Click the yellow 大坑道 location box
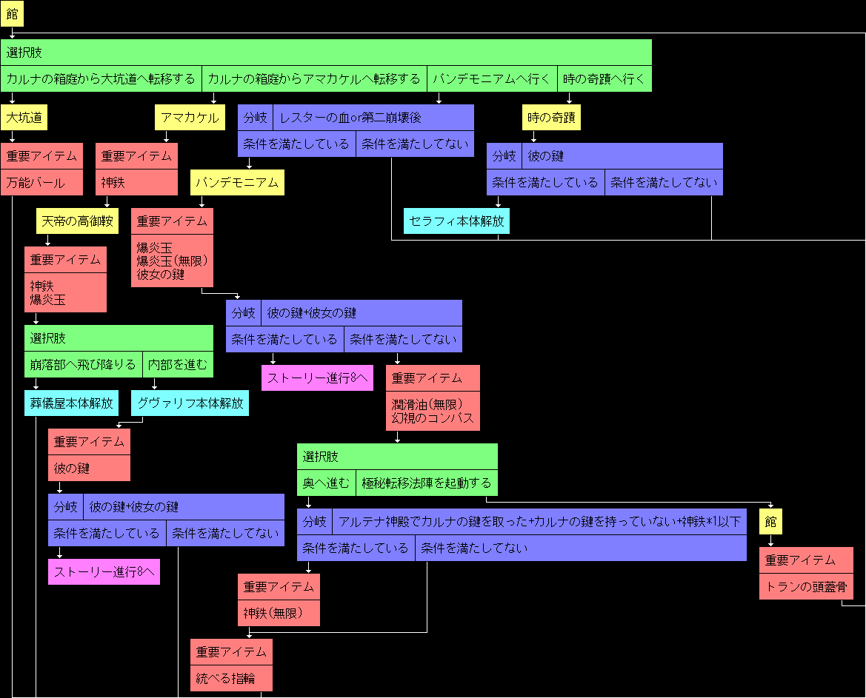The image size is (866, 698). click(x=24, y=118)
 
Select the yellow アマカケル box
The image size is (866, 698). click(x=190, y=118)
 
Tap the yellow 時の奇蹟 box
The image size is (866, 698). click(x=551, y=118)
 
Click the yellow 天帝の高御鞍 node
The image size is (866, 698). click(x=77, y=221)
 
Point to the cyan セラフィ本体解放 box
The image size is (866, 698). click(x=456, y=221)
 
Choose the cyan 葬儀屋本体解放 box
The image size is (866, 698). click(x=71, y=403)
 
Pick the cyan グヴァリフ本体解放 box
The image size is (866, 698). click(x=190, y=403)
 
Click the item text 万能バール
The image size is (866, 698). click(x=36, y=183)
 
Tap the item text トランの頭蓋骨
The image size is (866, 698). click(x=806, y=587)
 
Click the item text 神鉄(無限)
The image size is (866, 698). click(x=279, y=614)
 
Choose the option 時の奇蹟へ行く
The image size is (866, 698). click(x=604, y=78)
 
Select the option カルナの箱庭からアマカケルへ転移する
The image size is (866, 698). click(x=314, y=78)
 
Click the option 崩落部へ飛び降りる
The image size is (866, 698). click(x=83, y=365)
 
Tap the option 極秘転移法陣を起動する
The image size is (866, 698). click(x=426, y=483)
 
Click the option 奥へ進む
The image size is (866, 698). click(x=326, y=483)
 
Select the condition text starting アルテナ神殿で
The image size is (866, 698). click(x=539, y=522)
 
